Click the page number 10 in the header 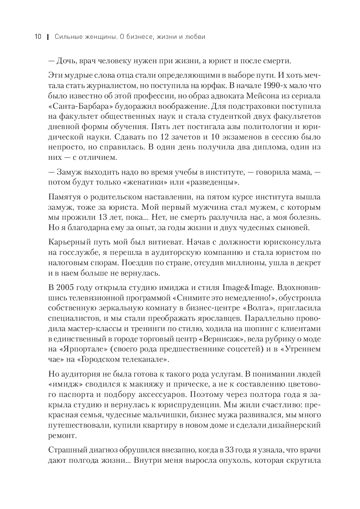point(38,37)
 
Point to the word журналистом point(111,86)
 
